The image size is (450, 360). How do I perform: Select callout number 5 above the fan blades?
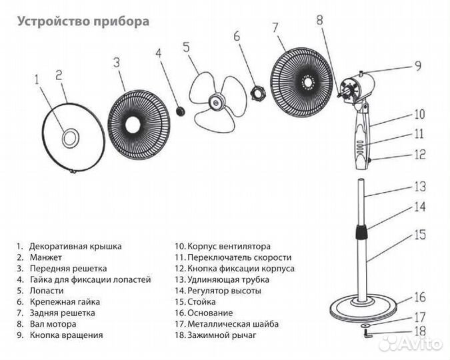click(185, 48)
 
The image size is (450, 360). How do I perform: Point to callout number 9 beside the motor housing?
click(418, 66)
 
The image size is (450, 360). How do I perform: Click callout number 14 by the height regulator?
click(419, 207)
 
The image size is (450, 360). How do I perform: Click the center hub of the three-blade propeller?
click(216, 101)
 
